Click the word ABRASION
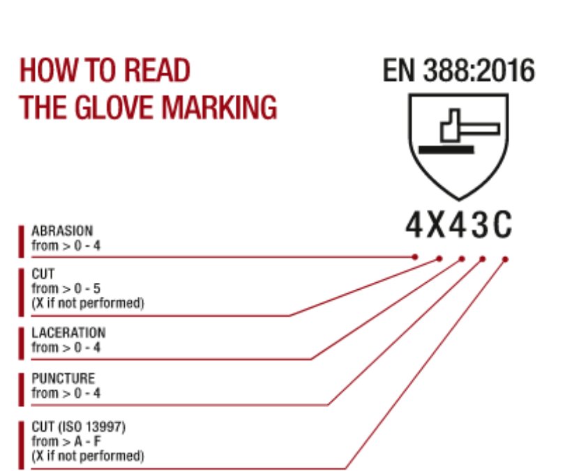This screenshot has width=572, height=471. point(62,231)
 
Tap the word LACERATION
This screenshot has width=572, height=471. point(68,332)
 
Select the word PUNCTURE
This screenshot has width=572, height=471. point(63,379)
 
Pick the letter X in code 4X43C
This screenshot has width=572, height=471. point(436,225)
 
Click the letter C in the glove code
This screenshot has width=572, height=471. point(502,225)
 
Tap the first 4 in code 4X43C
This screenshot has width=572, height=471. point(414,225)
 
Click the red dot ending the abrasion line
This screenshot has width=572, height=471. point(415,257)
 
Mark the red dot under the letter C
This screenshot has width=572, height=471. point(505,259)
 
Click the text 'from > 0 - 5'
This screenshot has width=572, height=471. point(67,288)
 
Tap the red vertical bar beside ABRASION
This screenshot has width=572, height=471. point(22,238)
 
